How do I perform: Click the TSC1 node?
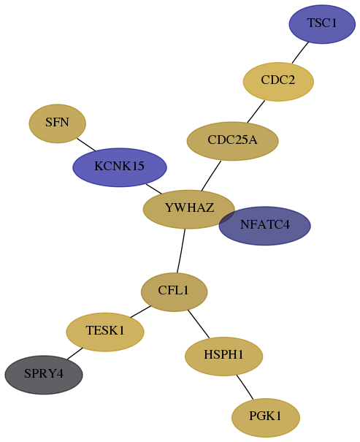pos(322,24)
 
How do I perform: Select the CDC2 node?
pos(278,82)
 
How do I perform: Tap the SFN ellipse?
pos(58,123)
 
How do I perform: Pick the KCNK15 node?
pos(120,167)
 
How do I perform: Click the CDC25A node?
pos(233,141)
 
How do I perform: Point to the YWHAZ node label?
pos(189,207)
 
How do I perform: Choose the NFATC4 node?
pos(265,226)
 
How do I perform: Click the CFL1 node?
pos(174,292)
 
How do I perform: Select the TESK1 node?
pos(105,332)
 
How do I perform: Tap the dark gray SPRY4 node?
pos(44,375)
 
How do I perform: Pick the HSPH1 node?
pos(224,357)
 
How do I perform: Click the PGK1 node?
pos(266,417)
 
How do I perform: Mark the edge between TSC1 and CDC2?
pos(300,53)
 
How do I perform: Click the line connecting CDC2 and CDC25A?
pos(256,111)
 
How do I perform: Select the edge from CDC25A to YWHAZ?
pos(211,175)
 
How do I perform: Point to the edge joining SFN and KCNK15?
pos(86,145)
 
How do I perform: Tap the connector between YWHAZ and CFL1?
pos(181,251)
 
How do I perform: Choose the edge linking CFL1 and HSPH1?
pos(199,324)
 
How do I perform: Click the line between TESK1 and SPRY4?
pos(74,354)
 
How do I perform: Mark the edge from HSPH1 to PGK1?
pos(245,387)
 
